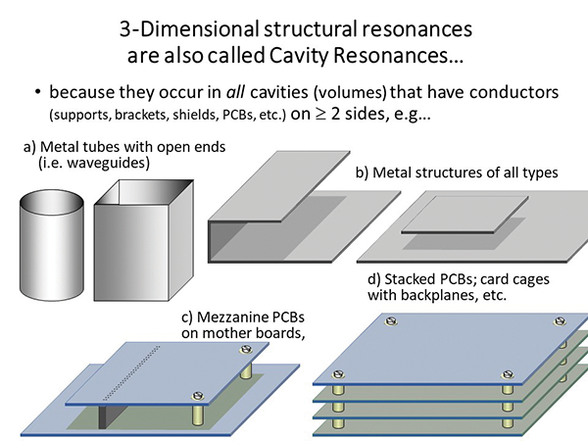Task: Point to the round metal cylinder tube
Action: tap(52, 239)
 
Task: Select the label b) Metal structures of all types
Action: tap(455, 172)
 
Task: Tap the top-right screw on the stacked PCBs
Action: tap(560, 321)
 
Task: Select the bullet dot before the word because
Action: tap(37, 94)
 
